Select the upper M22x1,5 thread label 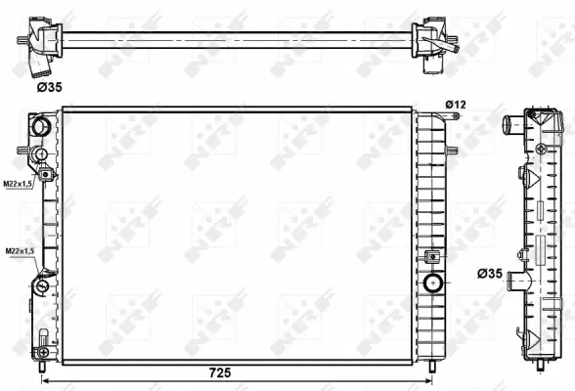click(17, 183)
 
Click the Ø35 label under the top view click(50, 88)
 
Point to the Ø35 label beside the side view click(492, 274)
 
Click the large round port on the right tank click(432, 284)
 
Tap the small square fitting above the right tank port click(432, 258)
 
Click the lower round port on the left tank click(41, 287)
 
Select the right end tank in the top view click(430, 40)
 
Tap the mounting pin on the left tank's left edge click(22, 151)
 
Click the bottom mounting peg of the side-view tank click(540, 369)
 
